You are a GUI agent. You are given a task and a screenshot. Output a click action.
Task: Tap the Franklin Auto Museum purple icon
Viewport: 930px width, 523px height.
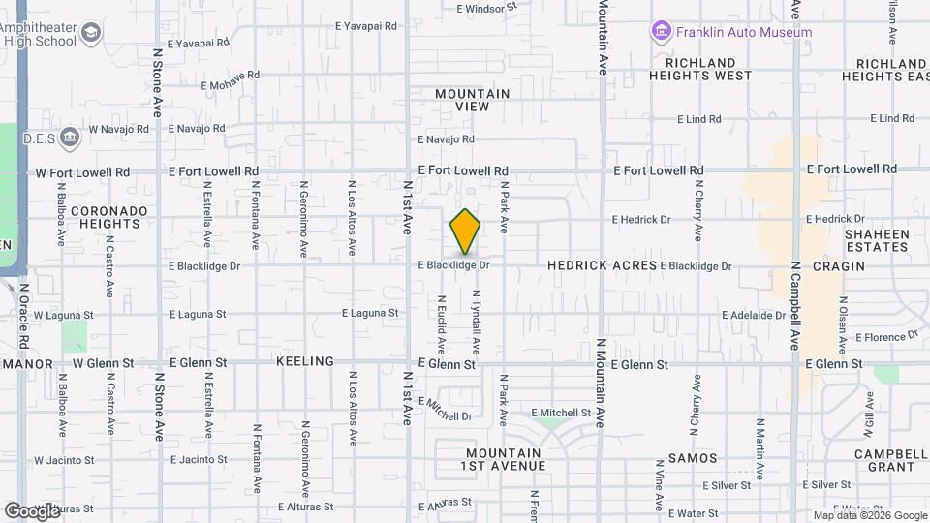click(662, 32)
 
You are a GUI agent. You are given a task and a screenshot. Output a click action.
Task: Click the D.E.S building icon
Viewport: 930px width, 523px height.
click(70, 136)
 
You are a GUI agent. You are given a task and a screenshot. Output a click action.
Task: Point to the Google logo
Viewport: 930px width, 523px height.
click(32, 510)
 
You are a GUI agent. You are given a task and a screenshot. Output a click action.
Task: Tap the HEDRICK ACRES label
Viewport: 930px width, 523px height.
click(602, 264)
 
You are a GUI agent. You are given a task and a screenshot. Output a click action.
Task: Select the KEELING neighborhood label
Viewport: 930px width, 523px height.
click(304, 361)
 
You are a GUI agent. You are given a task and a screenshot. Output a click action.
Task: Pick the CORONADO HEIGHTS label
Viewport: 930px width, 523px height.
click(108, 217)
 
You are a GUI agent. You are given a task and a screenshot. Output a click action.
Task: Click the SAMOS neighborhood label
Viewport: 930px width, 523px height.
click(693, 457)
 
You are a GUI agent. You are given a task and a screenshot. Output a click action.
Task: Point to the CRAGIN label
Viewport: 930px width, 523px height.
click(838, 265)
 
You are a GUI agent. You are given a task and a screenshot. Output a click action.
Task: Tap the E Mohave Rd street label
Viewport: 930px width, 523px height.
click(231, 79)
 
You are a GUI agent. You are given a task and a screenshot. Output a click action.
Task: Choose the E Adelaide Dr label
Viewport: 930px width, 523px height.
click(754, 315)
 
